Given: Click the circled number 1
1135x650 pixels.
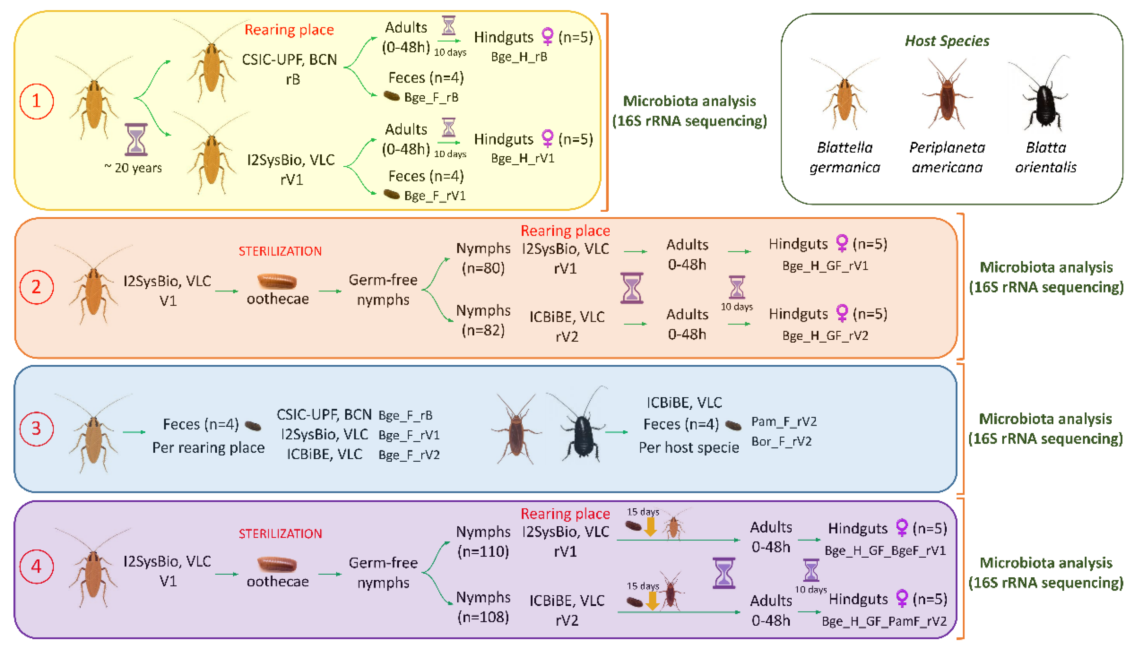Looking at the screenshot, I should point(37,101).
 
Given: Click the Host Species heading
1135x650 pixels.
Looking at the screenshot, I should point(947,41).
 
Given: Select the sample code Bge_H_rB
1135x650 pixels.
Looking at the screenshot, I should point(519,57).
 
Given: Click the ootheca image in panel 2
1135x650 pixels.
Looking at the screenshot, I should point(277,281).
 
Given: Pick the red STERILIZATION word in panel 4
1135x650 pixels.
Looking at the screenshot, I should point(280,534).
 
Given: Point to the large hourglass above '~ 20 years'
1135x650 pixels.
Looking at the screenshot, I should point(136,139).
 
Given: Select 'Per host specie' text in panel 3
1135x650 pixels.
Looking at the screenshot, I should point(689,447).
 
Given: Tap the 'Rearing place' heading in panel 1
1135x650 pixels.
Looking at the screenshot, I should point(289,30).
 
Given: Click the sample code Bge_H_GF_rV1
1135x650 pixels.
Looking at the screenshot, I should point(825,266).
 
